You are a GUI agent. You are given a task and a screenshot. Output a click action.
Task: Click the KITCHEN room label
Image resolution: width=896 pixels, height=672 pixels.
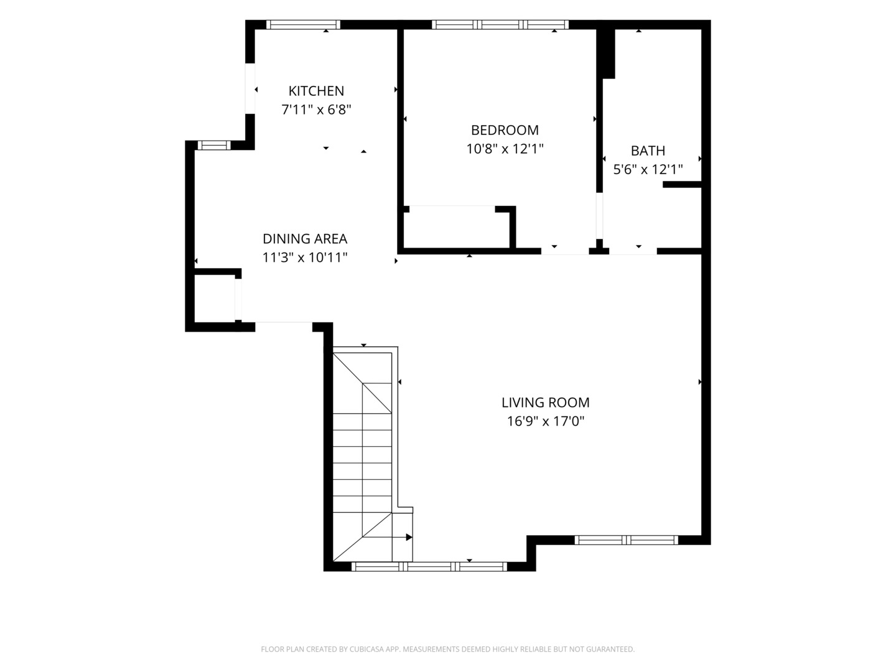pyautogui.click(x=316, y=91)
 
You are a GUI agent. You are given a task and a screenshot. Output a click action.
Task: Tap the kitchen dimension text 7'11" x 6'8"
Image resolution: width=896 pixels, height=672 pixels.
pyautogui.click(x=316, y=110)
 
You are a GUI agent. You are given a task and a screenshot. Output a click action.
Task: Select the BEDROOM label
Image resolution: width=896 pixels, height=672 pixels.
pyautogui.click(x=505, y=130)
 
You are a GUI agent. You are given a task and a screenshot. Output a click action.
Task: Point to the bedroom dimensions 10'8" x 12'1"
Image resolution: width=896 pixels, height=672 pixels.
pyautogui.click(x=505, y=149)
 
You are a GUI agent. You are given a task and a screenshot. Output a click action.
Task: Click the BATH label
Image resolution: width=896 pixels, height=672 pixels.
pyautogui.click(x=648, y=151)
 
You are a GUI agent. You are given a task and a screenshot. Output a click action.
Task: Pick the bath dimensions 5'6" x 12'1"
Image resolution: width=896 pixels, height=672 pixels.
pyautogui.click(x=648, y=169)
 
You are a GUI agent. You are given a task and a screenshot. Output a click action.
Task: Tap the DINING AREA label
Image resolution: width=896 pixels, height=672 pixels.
pyautogui.click(x=304, y=238)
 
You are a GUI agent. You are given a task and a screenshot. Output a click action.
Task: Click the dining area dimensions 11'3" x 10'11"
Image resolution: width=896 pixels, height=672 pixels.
pyautogui.click(x=304, y=257)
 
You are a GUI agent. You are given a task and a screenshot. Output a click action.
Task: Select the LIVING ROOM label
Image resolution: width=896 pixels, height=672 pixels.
pyautogui.click(x=545, y=403)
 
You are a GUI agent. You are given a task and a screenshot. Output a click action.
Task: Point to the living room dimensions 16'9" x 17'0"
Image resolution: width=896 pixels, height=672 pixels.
pyautogui.click(x=545, y=421)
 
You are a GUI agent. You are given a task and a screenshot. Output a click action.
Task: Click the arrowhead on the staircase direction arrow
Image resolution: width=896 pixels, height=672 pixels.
pyautogui.click(x=409, y=538)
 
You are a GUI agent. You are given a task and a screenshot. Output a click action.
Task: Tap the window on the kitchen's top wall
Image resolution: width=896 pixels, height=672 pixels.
pyautogui.click(x=303, y=24)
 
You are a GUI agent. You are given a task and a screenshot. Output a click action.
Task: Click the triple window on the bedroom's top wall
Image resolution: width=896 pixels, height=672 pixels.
pyautogui.click(x=500, y=24)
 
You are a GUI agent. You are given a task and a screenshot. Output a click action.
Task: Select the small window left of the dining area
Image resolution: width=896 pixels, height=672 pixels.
pyautogui.click(x=214, y=145)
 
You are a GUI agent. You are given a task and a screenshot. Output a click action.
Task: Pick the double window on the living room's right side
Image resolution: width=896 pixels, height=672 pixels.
pyautogui.click(x=626, y=540)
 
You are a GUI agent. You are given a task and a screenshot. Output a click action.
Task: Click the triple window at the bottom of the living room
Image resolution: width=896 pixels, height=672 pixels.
pyautogui.click(x=429, y=566)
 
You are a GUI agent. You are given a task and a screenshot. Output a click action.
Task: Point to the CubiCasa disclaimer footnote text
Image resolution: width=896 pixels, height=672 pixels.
pyautogui.click(x=448, y=649)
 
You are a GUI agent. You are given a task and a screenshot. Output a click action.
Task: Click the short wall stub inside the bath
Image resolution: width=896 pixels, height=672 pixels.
pyautogui.click(x=682, y=184)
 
